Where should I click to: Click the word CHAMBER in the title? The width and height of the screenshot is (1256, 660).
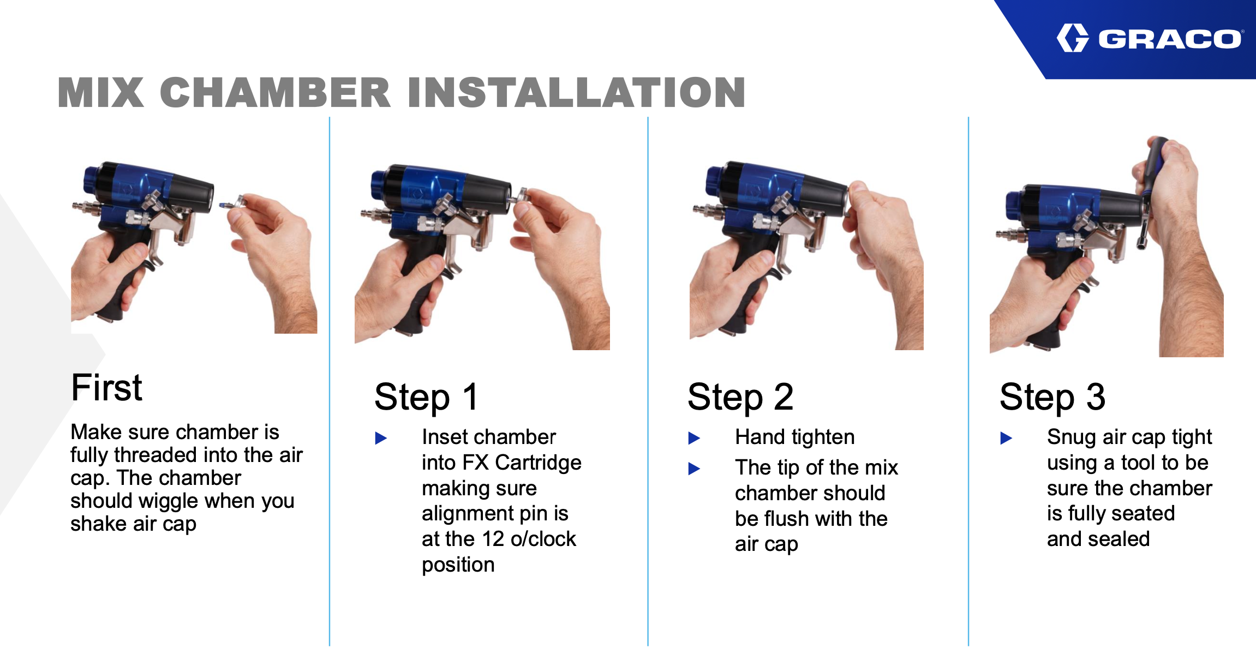click(x=276, y=92)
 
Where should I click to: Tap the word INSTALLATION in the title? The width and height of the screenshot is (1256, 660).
click(x=576, y=92)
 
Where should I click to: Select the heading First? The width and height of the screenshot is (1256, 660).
click(x=107, y=388)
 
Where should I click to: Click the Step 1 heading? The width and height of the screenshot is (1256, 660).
click(x=427, y=397)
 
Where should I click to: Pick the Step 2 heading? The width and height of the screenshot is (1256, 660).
click(x=740, y=397)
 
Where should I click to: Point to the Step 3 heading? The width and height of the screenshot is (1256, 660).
click(x=1052, y=397)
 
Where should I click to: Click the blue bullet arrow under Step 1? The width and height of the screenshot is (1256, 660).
click(x=381, y=438)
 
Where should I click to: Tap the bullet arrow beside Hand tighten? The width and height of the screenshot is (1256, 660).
click(x=695, y=438)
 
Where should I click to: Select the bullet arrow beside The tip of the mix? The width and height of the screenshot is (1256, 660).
click(x=695, y=469)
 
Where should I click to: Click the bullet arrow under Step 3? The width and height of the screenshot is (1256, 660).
click(x=1006, y=438)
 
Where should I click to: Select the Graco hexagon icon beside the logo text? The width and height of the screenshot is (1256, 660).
click(x=1073, y=38)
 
